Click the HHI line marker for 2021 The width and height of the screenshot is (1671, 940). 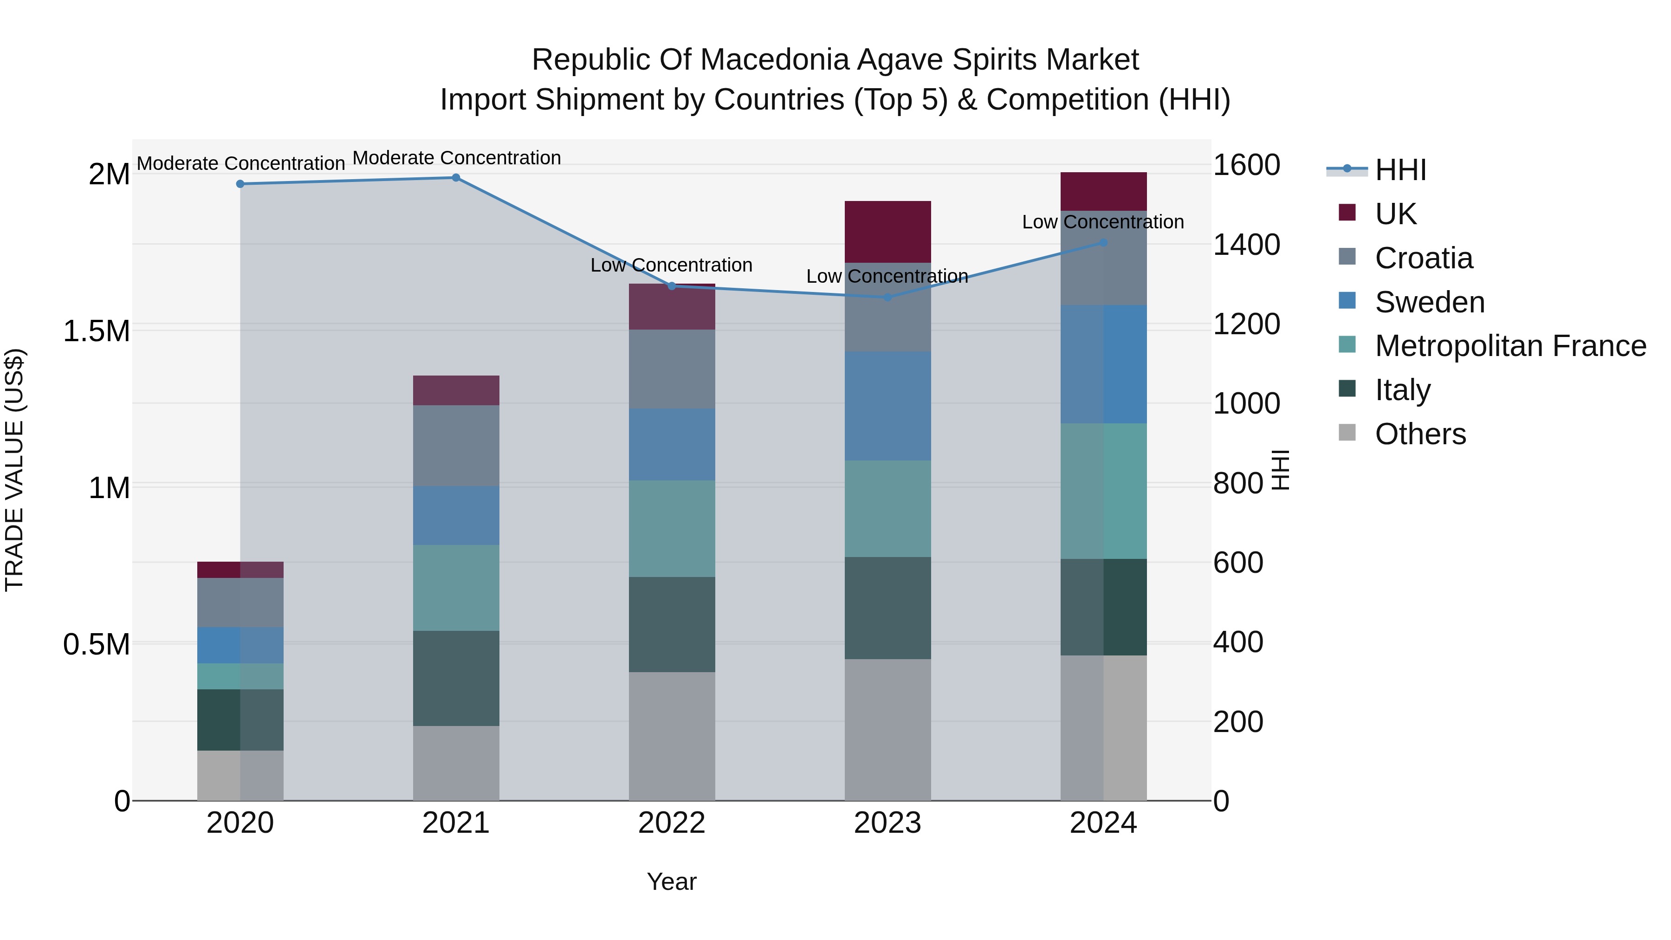455,178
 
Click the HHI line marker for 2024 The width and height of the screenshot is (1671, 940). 1103,243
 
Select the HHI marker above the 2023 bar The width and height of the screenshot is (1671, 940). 887,297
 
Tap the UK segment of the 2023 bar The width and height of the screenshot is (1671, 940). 887,232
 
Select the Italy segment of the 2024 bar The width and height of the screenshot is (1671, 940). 1103,607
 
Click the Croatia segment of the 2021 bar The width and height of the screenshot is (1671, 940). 455,445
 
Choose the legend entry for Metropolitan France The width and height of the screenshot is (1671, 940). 1510,346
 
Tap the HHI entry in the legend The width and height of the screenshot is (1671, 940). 1400,170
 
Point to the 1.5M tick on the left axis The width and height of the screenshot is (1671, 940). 96,331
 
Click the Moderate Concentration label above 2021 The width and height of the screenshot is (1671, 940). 456,158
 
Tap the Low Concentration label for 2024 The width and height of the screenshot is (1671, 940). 1103,222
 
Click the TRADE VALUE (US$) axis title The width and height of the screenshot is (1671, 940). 14,470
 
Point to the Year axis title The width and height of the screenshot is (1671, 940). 671,882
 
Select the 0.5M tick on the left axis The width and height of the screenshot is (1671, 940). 96,644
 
